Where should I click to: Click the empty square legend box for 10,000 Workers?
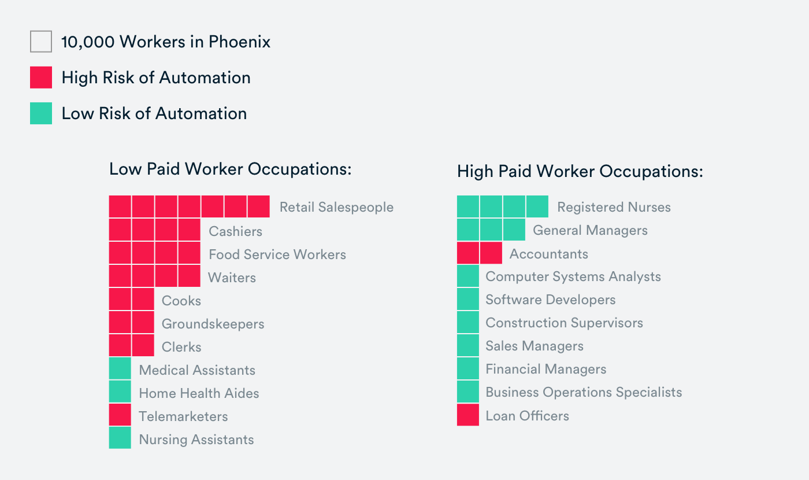click(41, 42)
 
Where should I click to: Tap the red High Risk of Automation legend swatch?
click(41, 77)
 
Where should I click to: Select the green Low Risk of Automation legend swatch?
click(41, 113)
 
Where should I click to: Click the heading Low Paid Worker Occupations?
click(231, 169)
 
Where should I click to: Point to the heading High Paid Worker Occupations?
click(580, 172)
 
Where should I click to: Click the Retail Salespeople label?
click(336, 207)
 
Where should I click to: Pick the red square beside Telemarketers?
click(120, 415)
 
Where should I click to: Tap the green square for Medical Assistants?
click(120, 368)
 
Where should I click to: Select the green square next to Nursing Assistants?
click(120, 438)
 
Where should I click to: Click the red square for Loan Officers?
click(468, 415)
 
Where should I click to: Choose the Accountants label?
click(548, 254)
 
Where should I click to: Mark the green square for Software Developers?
click(468, 299)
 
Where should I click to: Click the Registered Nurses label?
click(614, 207)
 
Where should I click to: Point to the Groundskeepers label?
click(213, 324)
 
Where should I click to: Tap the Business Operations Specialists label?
click(584, 392)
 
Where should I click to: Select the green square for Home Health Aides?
click(120, 392)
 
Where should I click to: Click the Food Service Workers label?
click(277, 254)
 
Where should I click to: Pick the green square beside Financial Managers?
click(468, 368)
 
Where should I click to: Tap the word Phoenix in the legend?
click(239, 42)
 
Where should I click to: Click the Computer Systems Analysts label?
click(573, 276)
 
